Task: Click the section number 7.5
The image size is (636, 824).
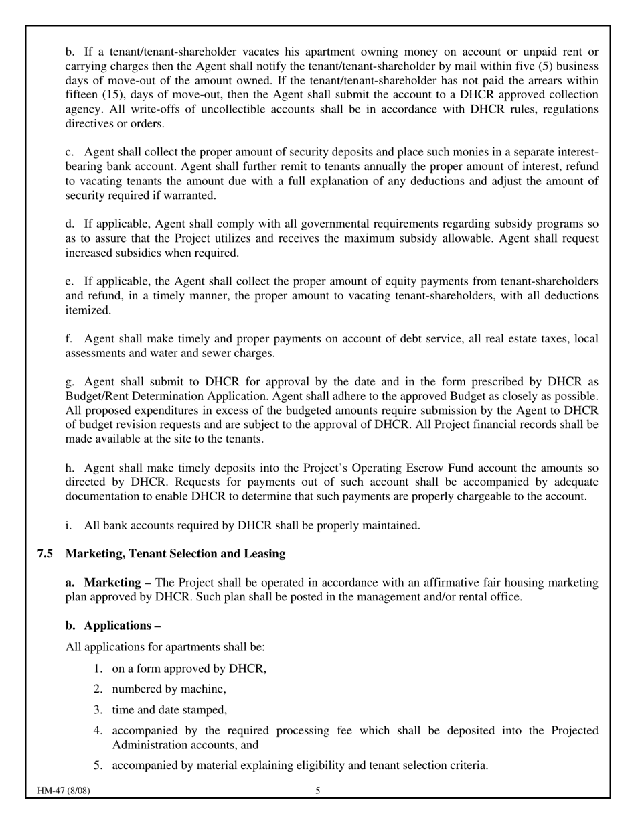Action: [45, 554]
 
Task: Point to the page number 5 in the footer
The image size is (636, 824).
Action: [318, 791]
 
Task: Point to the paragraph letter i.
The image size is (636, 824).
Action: [69, 525]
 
